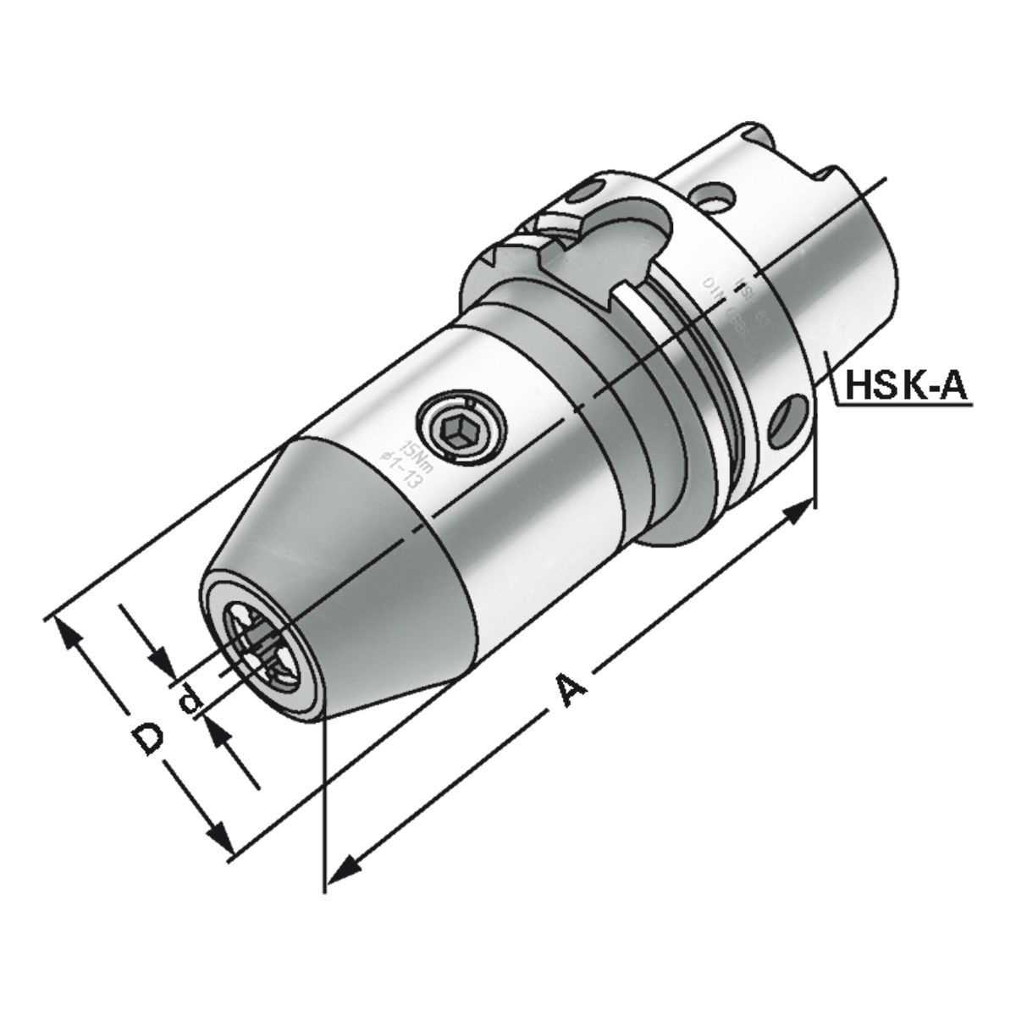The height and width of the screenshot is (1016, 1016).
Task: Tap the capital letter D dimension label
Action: (x=150, y=739)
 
